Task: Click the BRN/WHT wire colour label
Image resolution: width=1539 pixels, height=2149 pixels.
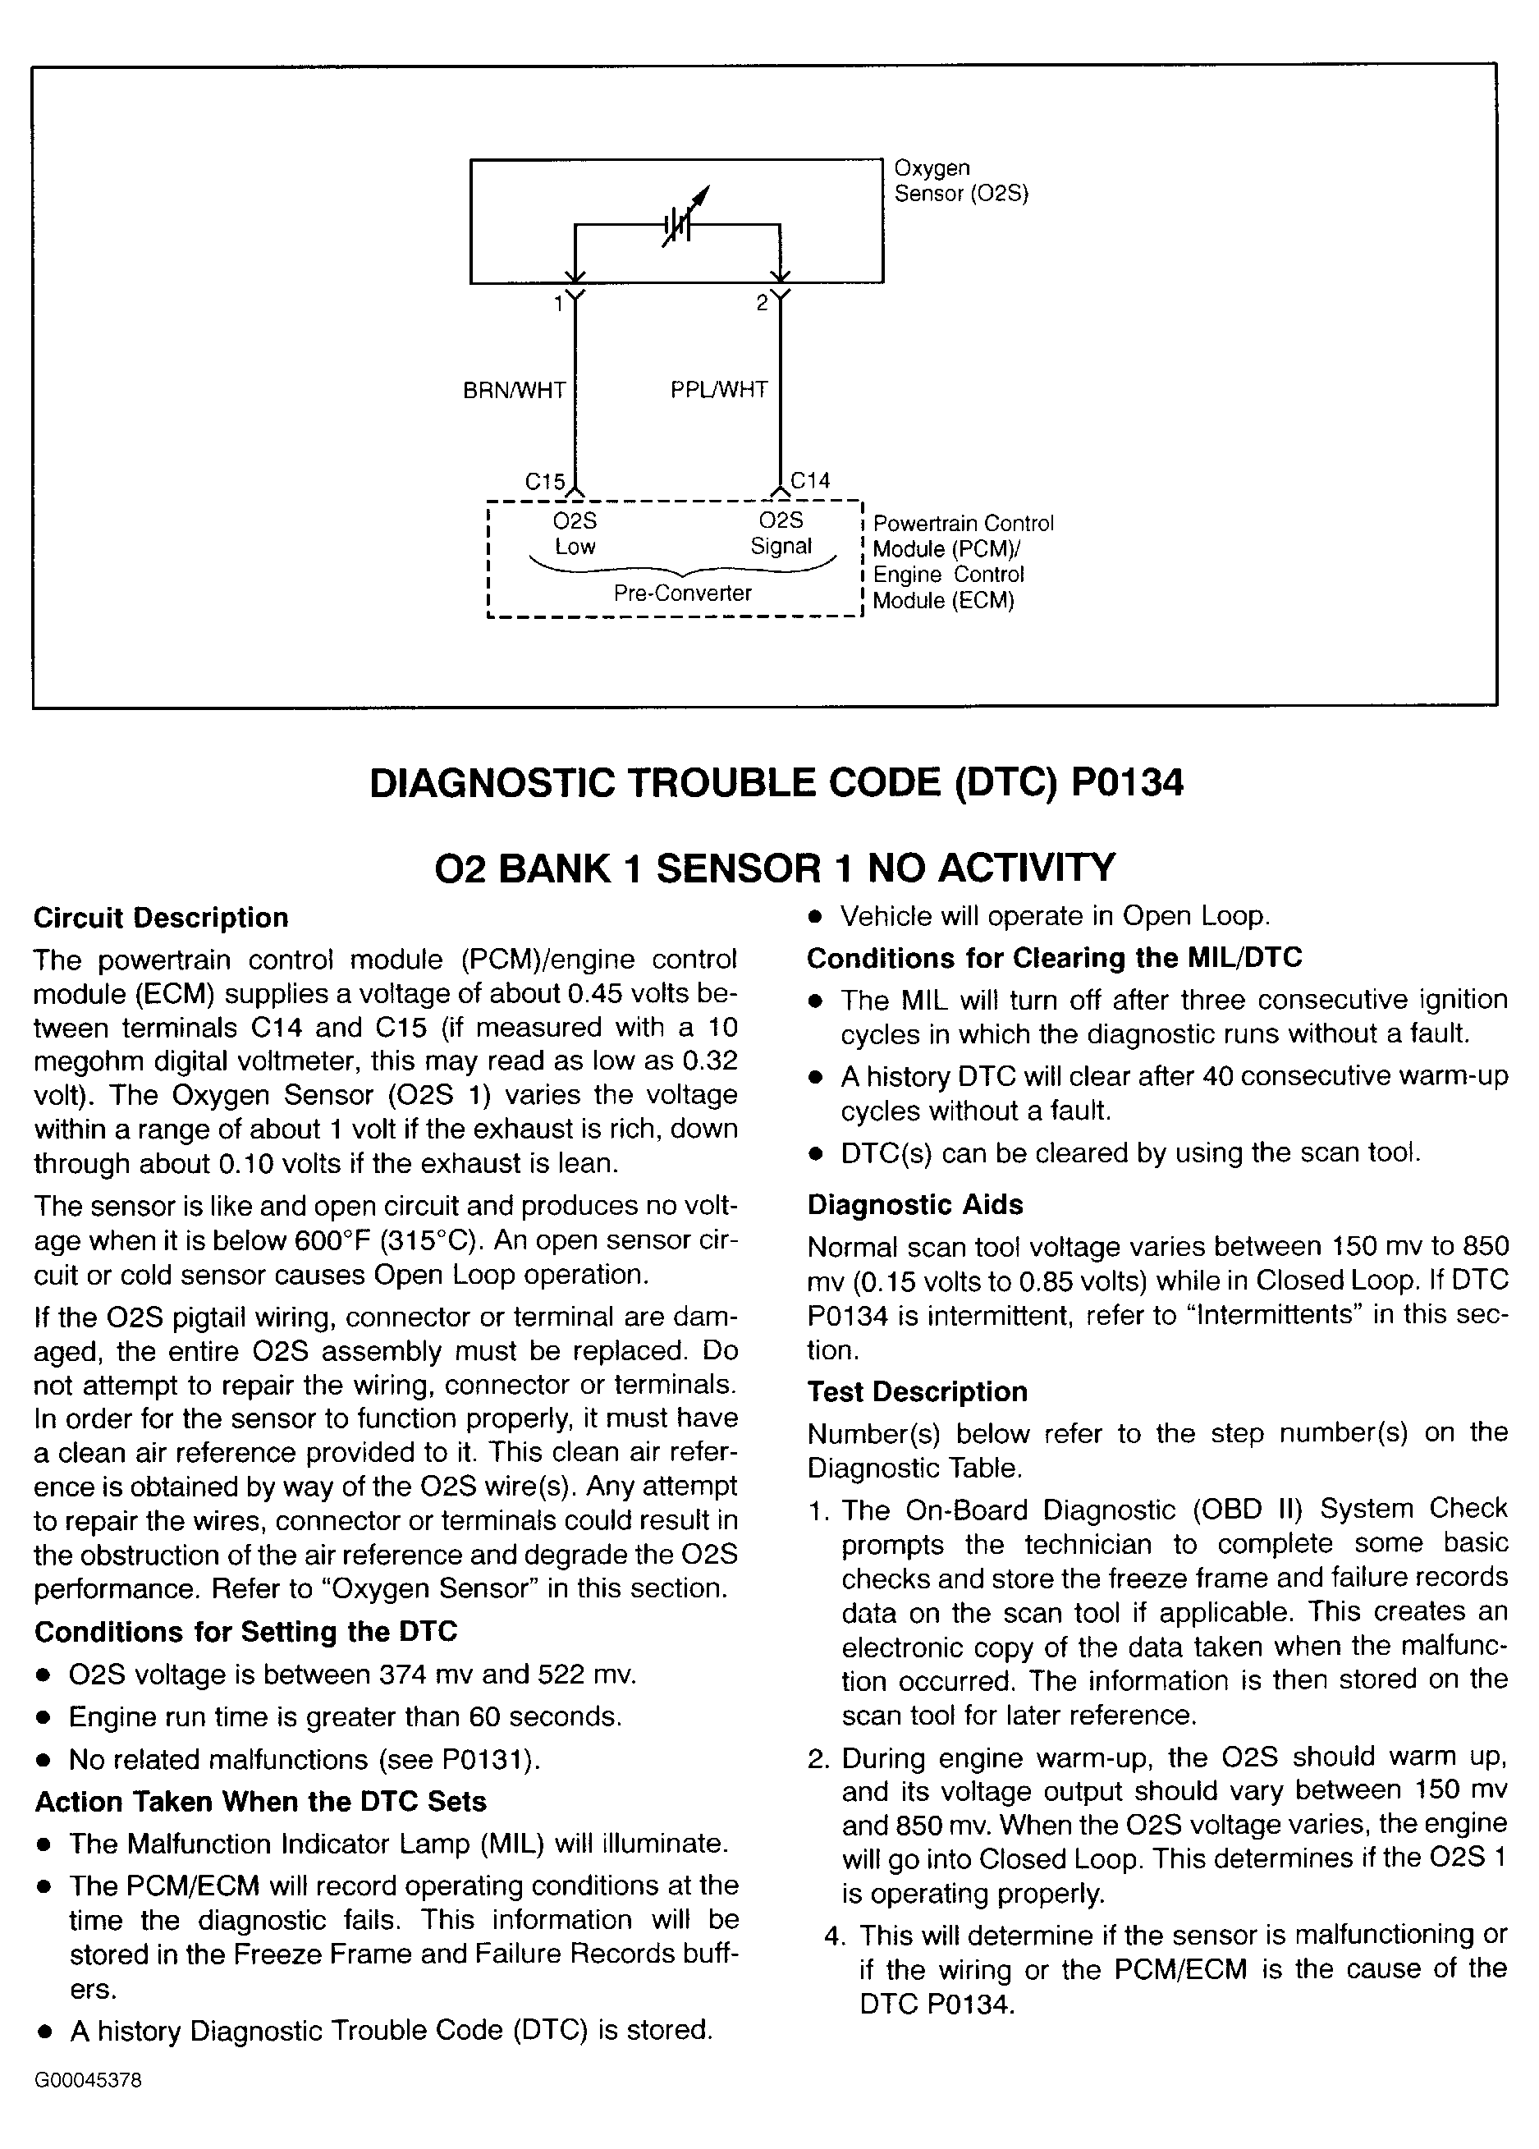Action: click(514, 391)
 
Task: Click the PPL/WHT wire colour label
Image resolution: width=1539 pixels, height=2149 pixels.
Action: click(718, 391)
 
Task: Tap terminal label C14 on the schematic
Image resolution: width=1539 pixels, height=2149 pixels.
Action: click(810, 481)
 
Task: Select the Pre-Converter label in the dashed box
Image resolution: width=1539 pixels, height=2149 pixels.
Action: click(682, 593)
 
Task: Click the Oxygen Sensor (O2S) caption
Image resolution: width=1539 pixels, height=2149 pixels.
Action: click(961, 181)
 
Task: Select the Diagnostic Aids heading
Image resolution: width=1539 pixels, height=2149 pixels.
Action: click(915, 1205)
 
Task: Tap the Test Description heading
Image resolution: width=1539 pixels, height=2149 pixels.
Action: click(918, 1392)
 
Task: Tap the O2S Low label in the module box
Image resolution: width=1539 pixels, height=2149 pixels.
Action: click(575, 534)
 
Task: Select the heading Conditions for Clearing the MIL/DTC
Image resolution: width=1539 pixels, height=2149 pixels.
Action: click(1054, 958)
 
